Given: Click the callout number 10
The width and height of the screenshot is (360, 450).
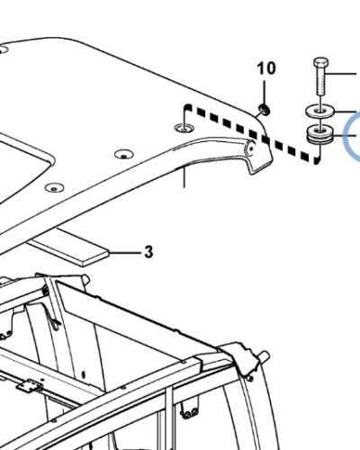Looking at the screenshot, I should [265, 68].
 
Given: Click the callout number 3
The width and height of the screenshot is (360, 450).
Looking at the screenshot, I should [148, 253].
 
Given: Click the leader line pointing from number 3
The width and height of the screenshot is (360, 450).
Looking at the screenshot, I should [124, 252].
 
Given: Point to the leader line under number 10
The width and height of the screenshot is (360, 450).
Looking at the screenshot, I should [265, 93].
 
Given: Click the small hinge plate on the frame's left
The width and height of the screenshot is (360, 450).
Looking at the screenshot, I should [30, 386].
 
